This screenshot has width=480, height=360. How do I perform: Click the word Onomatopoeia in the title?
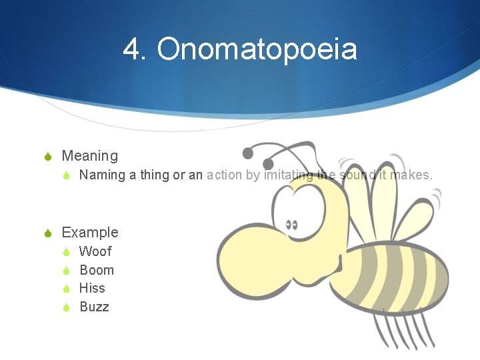(x=257, y=49)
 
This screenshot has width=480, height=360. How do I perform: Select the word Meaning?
(x=89, y=156)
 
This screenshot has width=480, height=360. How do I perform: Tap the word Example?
(x=90, y=233)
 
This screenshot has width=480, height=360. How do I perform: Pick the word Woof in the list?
(x=95, y=251)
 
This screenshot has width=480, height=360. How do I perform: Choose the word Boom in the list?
(x=97, y=270)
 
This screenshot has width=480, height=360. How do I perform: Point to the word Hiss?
(x=92, y=288)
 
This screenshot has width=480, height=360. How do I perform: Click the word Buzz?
(x=94, y=307)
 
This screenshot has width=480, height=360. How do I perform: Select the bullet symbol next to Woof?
(x=66, y=252)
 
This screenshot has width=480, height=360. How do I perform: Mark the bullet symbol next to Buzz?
(x=66, y=307)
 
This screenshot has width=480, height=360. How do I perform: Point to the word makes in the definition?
(x=411, y=175)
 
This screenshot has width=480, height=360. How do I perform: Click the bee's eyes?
(x=291, y=224)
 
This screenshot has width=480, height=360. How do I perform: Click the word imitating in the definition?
(x=288, y=175)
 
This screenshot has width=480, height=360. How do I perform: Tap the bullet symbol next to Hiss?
(x=66, y=289)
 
